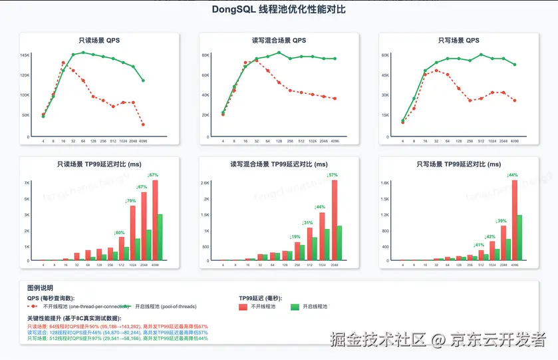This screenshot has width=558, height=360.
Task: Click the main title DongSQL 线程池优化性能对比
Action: (x=279, y=10)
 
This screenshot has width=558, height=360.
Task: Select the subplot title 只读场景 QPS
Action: (x=99, y=41)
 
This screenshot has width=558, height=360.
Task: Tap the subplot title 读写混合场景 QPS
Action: (x=279, y=41)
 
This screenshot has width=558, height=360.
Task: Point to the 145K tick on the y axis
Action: (x=25, y=55)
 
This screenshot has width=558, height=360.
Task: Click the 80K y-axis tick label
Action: (x=206, y=55)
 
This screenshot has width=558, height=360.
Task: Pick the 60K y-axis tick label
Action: (x=384, y=55)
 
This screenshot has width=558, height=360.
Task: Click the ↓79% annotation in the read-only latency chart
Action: (x=131, y=200)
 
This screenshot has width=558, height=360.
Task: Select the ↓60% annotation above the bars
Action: (x=120, y=232)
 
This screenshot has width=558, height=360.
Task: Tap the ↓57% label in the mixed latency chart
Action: (x=333, y=175)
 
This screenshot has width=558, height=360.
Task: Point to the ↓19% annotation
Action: (x=295, y=237)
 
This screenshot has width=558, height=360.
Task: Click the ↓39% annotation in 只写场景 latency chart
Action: (x=501, y=220)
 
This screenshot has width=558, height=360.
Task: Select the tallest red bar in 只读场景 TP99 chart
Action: (x=155, y=220)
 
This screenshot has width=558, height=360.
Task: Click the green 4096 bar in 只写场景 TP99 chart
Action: (x=519, y=237)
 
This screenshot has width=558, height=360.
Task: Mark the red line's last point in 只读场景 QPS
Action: (x=143, y=124)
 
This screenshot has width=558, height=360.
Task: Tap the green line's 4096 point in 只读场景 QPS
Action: (x=143, y=81)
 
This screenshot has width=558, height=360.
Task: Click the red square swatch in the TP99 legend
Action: (x=243, y=307)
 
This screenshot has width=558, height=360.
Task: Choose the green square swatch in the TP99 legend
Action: (x=295, y=307)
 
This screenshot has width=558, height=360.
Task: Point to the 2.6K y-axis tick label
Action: (x=205, y=182)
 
